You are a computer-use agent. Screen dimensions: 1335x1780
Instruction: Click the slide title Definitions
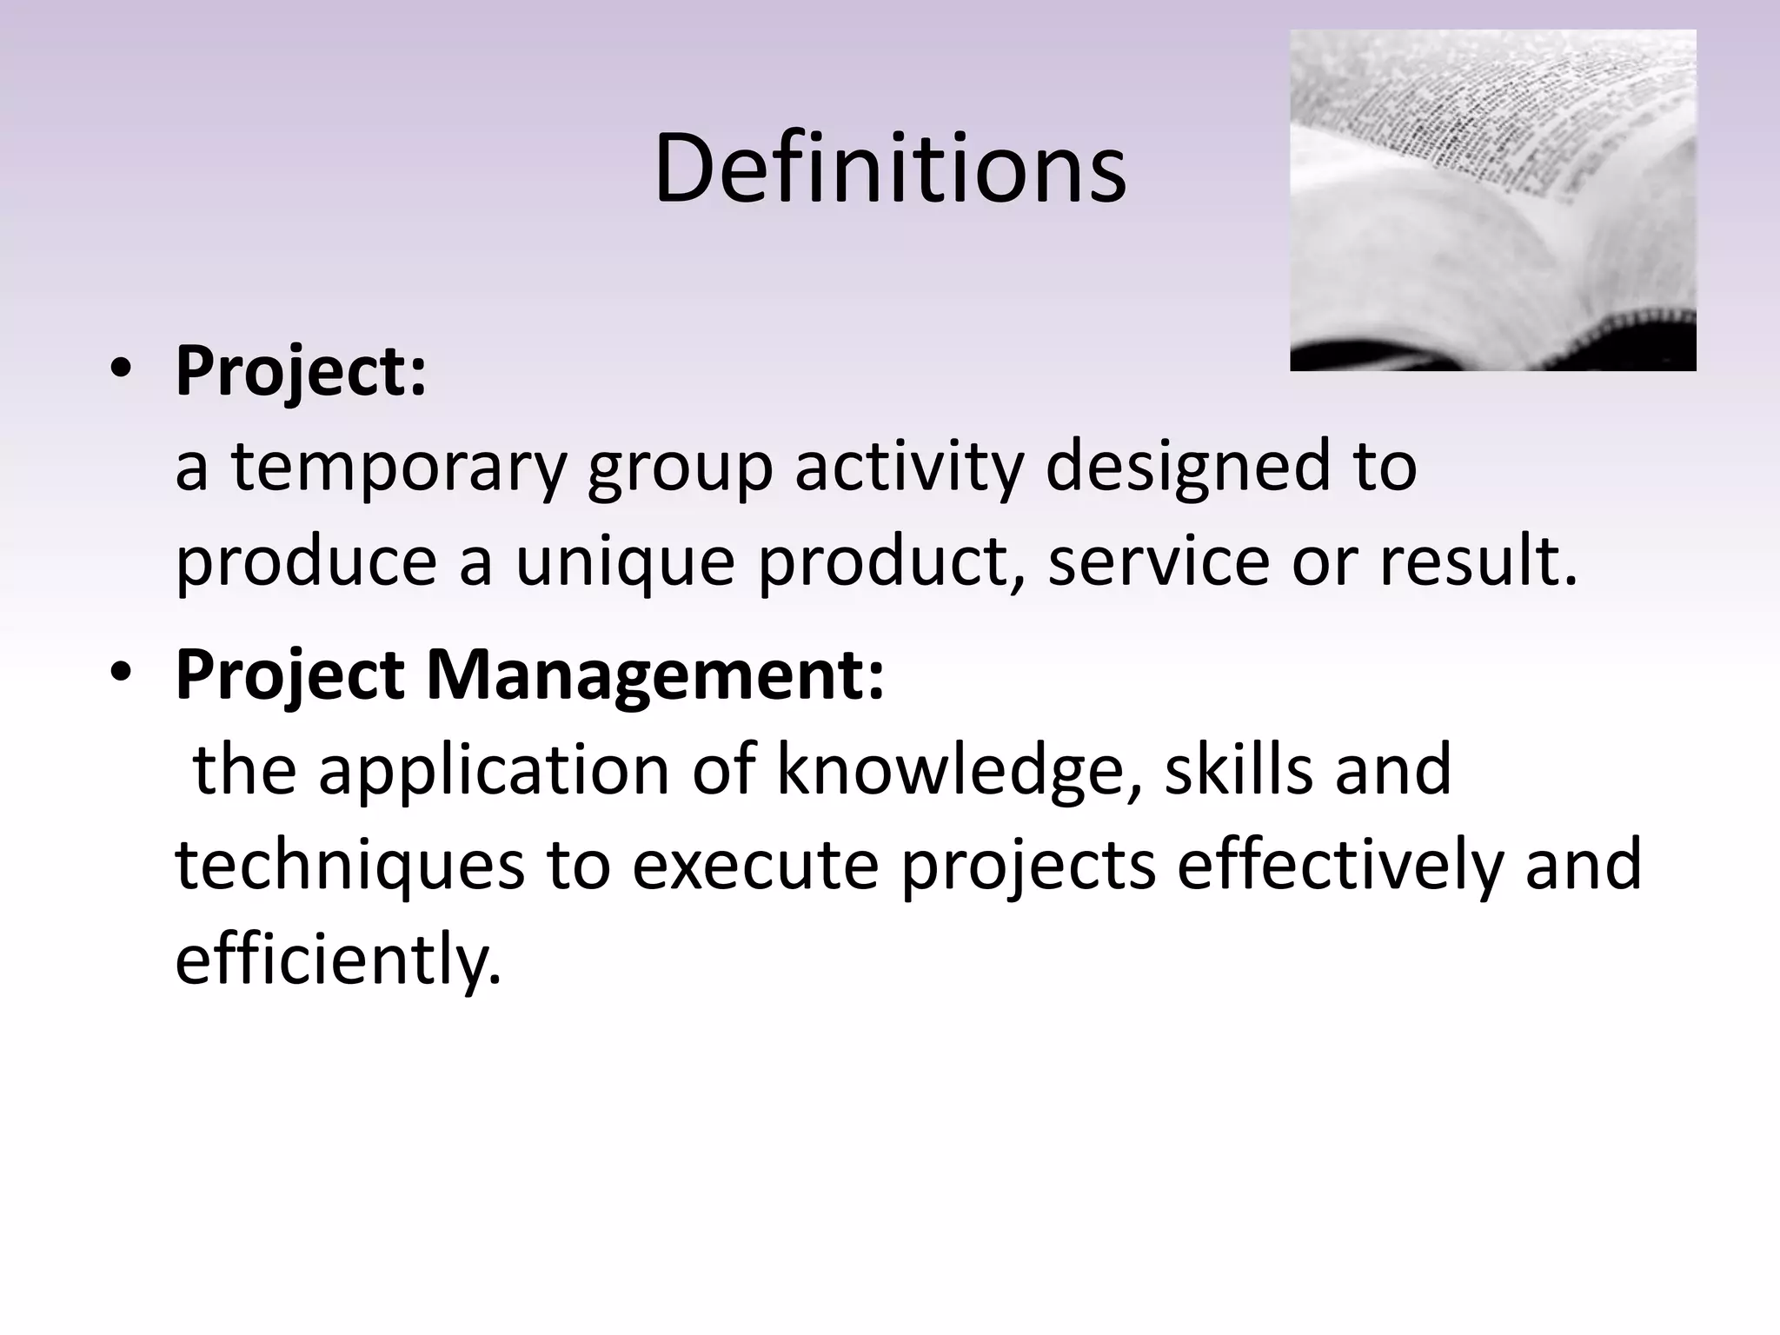click(x=890, y=169)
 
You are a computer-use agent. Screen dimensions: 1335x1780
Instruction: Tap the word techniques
click(x=349, y=866)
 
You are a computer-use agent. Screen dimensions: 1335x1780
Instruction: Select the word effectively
click(x=1338, y=866)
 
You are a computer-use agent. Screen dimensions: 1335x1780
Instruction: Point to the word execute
click(x=754, y=866)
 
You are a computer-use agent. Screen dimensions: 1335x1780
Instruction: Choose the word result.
click(x=1478, y=562)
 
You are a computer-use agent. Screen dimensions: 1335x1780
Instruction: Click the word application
click(x=494, y=770)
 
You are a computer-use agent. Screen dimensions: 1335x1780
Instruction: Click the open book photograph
click(x=1492, y=200)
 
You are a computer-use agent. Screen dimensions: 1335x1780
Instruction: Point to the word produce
click(x=306, y=562)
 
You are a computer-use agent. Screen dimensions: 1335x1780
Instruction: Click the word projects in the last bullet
click(x=1027, y=866)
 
